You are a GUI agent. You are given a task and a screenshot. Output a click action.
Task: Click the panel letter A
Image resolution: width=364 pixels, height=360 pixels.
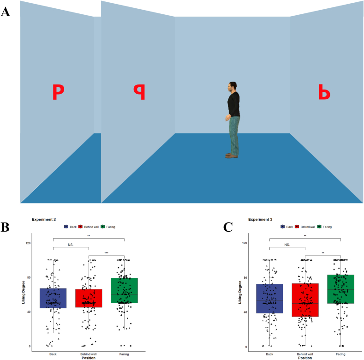(6, 12)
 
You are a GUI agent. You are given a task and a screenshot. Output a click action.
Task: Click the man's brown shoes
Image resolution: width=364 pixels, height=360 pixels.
(231, 156)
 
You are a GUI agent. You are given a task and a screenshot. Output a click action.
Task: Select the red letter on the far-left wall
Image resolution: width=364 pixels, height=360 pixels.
(58, 92)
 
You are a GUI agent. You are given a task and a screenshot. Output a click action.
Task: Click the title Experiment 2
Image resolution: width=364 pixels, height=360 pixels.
(44, 219)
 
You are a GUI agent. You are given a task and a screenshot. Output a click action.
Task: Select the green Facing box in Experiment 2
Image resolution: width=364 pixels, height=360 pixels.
(124, 290)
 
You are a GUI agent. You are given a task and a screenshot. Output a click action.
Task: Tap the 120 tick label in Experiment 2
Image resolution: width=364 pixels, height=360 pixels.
(28, 243)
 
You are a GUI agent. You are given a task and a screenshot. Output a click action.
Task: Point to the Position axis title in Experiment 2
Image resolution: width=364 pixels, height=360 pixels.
(89, 358)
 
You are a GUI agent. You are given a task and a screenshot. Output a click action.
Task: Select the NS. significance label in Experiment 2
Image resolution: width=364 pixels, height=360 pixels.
(71, 245)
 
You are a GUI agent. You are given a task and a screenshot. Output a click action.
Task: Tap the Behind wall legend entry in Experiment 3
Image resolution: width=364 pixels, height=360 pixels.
(305, 227)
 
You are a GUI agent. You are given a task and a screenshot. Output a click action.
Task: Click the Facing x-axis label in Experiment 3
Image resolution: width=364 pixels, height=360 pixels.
(340, 354)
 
